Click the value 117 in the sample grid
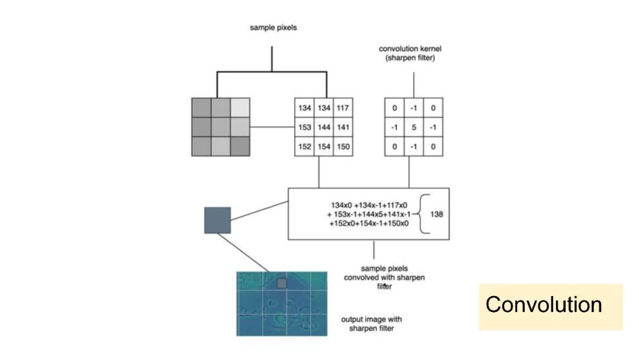pos(343,108)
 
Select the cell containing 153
pos(304,127)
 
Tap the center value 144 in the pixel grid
pos(324,127)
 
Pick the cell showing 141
pos(343,127)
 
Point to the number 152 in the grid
pos(304,146)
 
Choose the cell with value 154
pos(324,146)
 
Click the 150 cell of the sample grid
pos(343,146)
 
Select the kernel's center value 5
pos(414,127)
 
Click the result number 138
pos(437,214)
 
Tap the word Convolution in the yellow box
pos(544,305)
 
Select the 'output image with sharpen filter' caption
pos(371,324)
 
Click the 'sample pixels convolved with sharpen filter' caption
pos(385,277)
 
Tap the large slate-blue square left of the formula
pos(217,220)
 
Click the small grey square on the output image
pos(282,284)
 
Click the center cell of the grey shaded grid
pos(221,127)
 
